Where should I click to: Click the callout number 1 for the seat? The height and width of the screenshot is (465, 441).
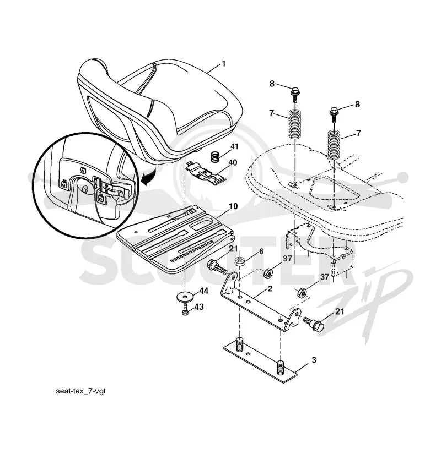point(223,64)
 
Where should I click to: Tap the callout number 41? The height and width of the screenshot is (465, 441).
point(234,146)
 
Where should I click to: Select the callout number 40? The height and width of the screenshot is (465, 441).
point(233,162)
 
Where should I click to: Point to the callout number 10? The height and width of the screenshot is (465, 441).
point(234,206)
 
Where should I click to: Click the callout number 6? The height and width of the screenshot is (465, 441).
point(261,251)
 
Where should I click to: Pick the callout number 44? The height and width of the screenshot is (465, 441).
point(203,291)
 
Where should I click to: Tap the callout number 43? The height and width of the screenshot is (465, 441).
point(200,307)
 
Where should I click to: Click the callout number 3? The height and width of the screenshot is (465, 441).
point(314,360)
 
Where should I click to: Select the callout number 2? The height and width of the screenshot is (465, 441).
point(270,288)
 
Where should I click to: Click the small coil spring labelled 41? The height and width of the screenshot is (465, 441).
point(216,157)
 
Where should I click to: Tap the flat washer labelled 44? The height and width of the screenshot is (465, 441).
point(185,296)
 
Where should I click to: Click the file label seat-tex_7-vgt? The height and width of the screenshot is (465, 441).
point(80,391)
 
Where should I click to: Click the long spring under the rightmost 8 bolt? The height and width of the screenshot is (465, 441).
point(335,145)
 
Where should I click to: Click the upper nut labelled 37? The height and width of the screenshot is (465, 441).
point(268,272)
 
